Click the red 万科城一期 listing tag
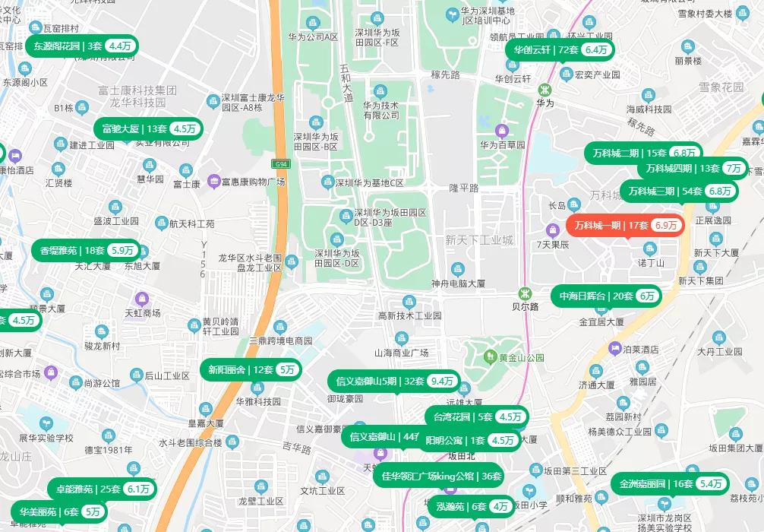point(625,225)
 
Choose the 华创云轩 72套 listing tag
point(560,49)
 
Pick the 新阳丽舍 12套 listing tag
point(251,369)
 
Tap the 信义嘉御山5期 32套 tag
point(393,381)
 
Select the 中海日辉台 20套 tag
point(606,296)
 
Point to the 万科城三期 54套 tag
point(679,191)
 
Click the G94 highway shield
point(281,163)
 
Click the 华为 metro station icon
point(545,89)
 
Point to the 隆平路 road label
point(463,188)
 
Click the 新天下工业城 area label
point(479,240)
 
